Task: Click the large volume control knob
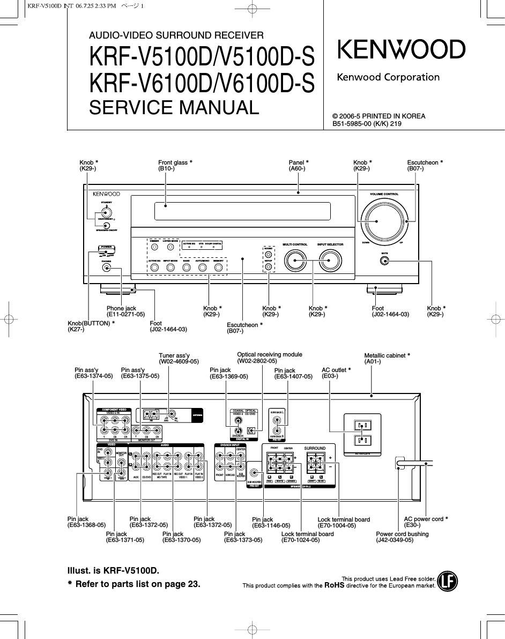(x=384, y=221)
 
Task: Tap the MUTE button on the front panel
(x=384, y=261)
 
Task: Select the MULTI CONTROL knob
(x=295, y=261)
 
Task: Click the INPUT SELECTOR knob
(x=330, y=261)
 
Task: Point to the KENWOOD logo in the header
(x=401, y=50)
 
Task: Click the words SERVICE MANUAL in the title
(x=174, y=107)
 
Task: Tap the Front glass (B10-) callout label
(x=175, y=166)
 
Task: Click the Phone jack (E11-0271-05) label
(x=125, y=311)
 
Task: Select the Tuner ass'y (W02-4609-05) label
(x=179, y=359)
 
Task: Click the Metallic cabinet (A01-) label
(x=387, y=359)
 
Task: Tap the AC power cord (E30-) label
(x=426, y=522)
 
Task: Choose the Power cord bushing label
(x=402, y=537)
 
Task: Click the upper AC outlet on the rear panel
(x=361, y=426)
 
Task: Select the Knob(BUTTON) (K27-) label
(x=91, y=326)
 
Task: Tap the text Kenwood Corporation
(x=388, y=77)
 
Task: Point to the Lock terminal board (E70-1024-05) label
(x=307, y=537)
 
